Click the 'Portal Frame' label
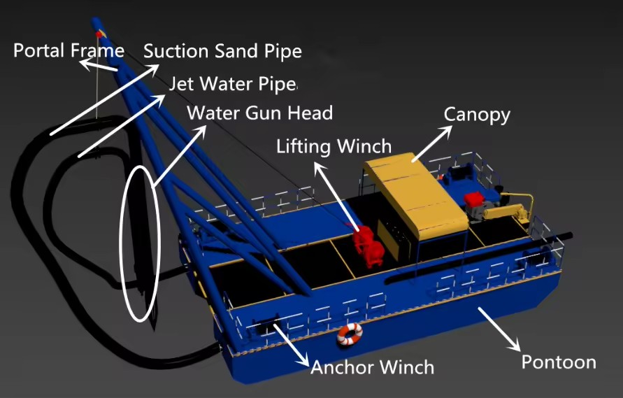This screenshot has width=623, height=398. [x=69, y=51]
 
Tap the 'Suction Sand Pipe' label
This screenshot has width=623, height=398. [x=222, y=51]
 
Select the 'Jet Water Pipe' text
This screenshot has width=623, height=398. [x=234, y=84]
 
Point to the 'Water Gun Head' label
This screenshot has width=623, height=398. [x=260, y=113]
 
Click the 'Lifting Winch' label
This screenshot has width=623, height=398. [x=334, y=146]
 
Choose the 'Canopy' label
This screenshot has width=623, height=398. [x=477, y=115]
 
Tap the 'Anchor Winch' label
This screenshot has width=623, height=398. [x=372, y=367]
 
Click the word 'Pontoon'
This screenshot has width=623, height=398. [x=559, y=362]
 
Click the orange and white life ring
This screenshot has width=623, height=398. [x=350, y=334]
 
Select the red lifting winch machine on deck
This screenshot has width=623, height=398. [x=368, y=246]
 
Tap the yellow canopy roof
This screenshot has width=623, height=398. [x=416, y=194]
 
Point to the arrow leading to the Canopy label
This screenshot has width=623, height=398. [x=432, y=144]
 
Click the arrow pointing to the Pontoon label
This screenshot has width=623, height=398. [x=499, y=329]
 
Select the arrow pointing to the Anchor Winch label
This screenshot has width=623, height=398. [x=292, y=345]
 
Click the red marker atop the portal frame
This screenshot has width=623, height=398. [x=99, y=34]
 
